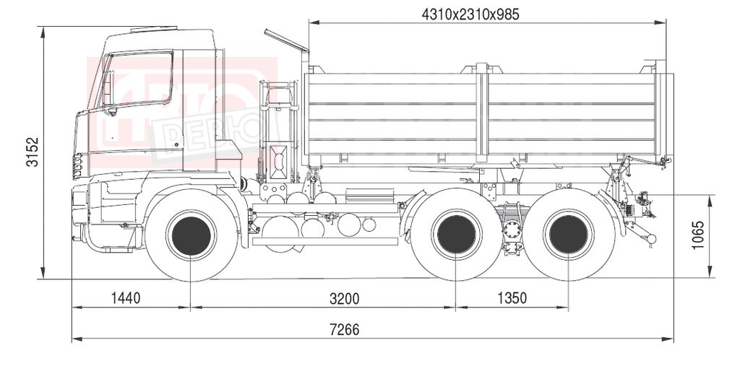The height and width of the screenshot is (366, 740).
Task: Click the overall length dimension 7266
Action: [344, 330]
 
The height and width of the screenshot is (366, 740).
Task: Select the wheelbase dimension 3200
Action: [344, 299]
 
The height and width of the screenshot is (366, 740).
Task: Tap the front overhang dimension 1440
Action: [126, 298]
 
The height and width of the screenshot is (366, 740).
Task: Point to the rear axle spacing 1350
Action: [512, 299]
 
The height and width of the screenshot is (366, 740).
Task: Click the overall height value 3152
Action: [33, 152]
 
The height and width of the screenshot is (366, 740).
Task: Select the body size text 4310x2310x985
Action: [470, 14]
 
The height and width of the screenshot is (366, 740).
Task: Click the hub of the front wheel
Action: [191, 235]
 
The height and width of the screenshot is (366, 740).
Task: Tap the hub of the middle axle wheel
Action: [456, 235]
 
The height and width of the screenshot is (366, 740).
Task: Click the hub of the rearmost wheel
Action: [568, 235]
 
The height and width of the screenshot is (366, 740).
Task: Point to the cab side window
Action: [137, 79]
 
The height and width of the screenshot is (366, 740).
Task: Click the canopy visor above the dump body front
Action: [286, 40]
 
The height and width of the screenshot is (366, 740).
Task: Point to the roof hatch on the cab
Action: [154, 30]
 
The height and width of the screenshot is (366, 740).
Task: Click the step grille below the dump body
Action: [369, 196]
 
